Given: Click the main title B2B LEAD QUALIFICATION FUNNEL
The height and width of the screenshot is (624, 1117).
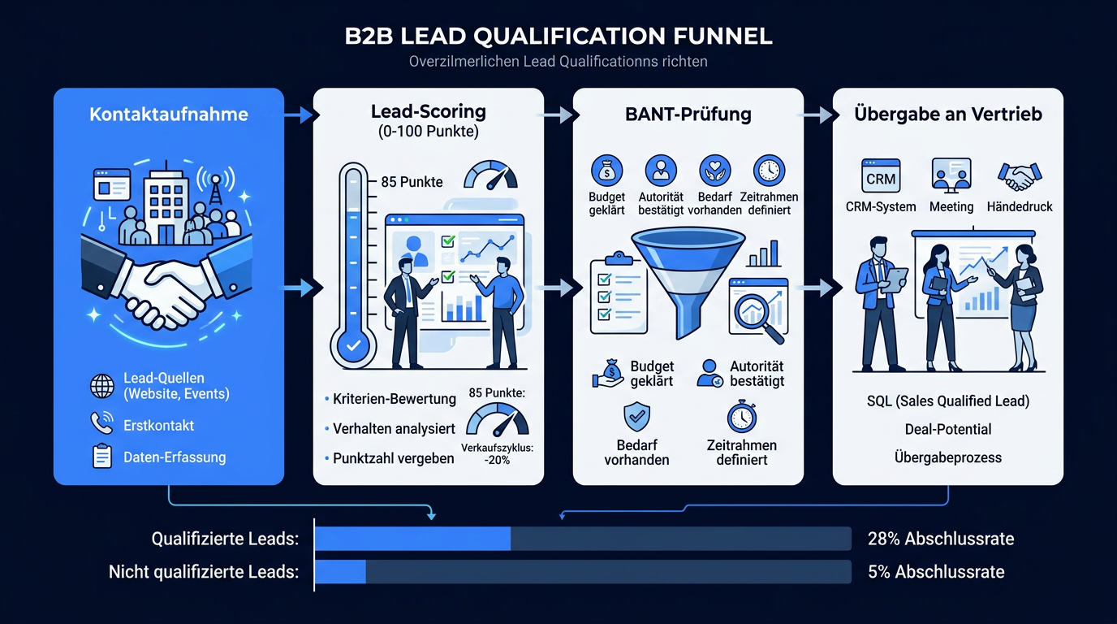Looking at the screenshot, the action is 558,36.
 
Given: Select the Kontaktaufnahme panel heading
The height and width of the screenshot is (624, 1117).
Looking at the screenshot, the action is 169,115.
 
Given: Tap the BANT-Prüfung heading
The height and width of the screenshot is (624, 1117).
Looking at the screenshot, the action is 688,115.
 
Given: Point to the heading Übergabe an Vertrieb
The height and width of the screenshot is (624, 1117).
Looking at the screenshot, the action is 948,114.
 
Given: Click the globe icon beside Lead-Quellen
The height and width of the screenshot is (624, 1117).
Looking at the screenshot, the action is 102,386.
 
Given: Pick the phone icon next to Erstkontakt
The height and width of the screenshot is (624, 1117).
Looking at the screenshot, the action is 102,422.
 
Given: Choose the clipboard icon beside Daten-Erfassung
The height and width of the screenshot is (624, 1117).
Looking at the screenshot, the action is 102,456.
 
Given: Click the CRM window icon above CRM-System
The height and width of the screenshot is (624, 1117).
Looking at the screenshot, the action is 881,175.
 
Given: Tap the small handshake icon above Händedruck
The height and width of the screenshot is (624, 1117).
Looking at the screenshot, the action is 1020,176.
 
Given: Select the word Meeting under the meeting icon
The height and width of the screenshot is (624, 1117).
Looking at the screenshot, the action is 951,206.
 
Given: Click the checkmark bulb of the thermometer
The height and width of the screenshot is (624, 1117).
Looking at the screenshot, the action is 354,345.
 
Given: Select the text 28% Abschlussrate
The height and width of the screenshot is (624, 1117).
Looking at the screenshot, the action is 941,539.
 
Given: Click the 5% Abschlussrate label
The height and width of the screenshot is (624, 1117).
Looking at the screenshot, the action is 936,571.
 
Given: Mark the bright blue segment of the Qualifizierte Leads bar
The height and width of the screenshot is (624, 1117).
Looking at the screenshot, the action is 413,539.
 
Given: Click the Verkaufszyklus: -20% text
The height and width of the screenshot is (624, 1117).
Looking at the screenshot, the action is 497,453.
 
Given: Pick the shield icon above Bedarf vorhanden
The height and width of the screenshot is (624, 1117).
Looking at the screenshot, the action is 636,416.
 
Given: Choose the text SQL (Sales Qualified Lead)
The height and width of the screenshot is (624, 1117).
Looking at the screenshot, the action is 948,401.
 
